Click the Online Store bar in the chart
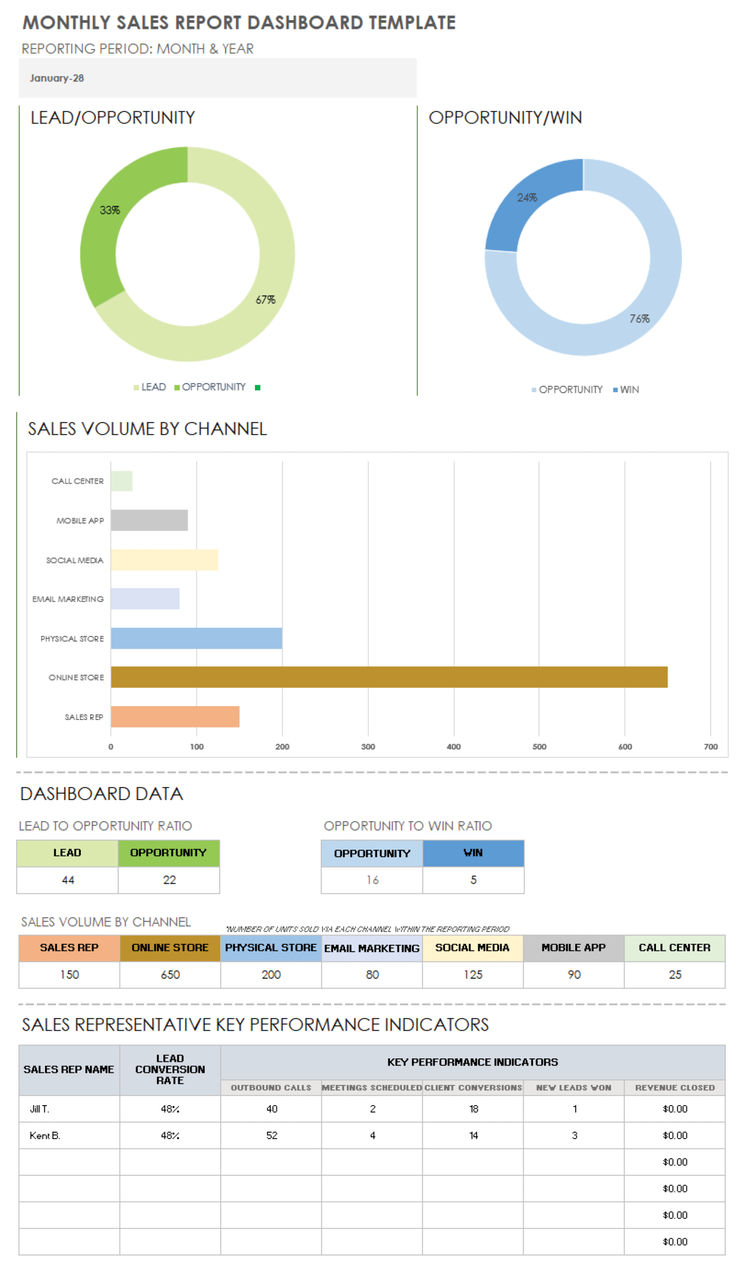point(389,677)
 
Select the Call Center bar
point(122,481)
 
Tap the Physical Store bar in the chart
point(196,638)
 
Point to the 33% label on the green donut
point(110,210)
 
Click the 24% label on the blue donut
point(527,198)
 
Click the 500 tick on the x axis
point(539,747)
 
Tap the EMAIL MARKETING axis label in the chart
point(68,599)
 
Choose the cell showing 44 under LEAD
point(67,880)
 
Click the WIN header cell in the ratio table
point(473,853)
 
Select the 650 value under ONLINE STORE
point(170,974)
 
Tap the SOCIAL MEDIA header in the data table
point(472,948)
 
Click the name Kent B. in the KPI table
point(45,1135)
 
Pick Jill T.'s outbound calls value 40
point(271,1109)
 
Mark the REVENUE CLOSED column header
point(674,1087)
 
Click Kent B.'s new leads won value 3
point(574,1135)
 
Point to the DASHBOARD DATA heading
point(102,794)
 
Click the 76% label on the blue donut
point(639,319)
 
